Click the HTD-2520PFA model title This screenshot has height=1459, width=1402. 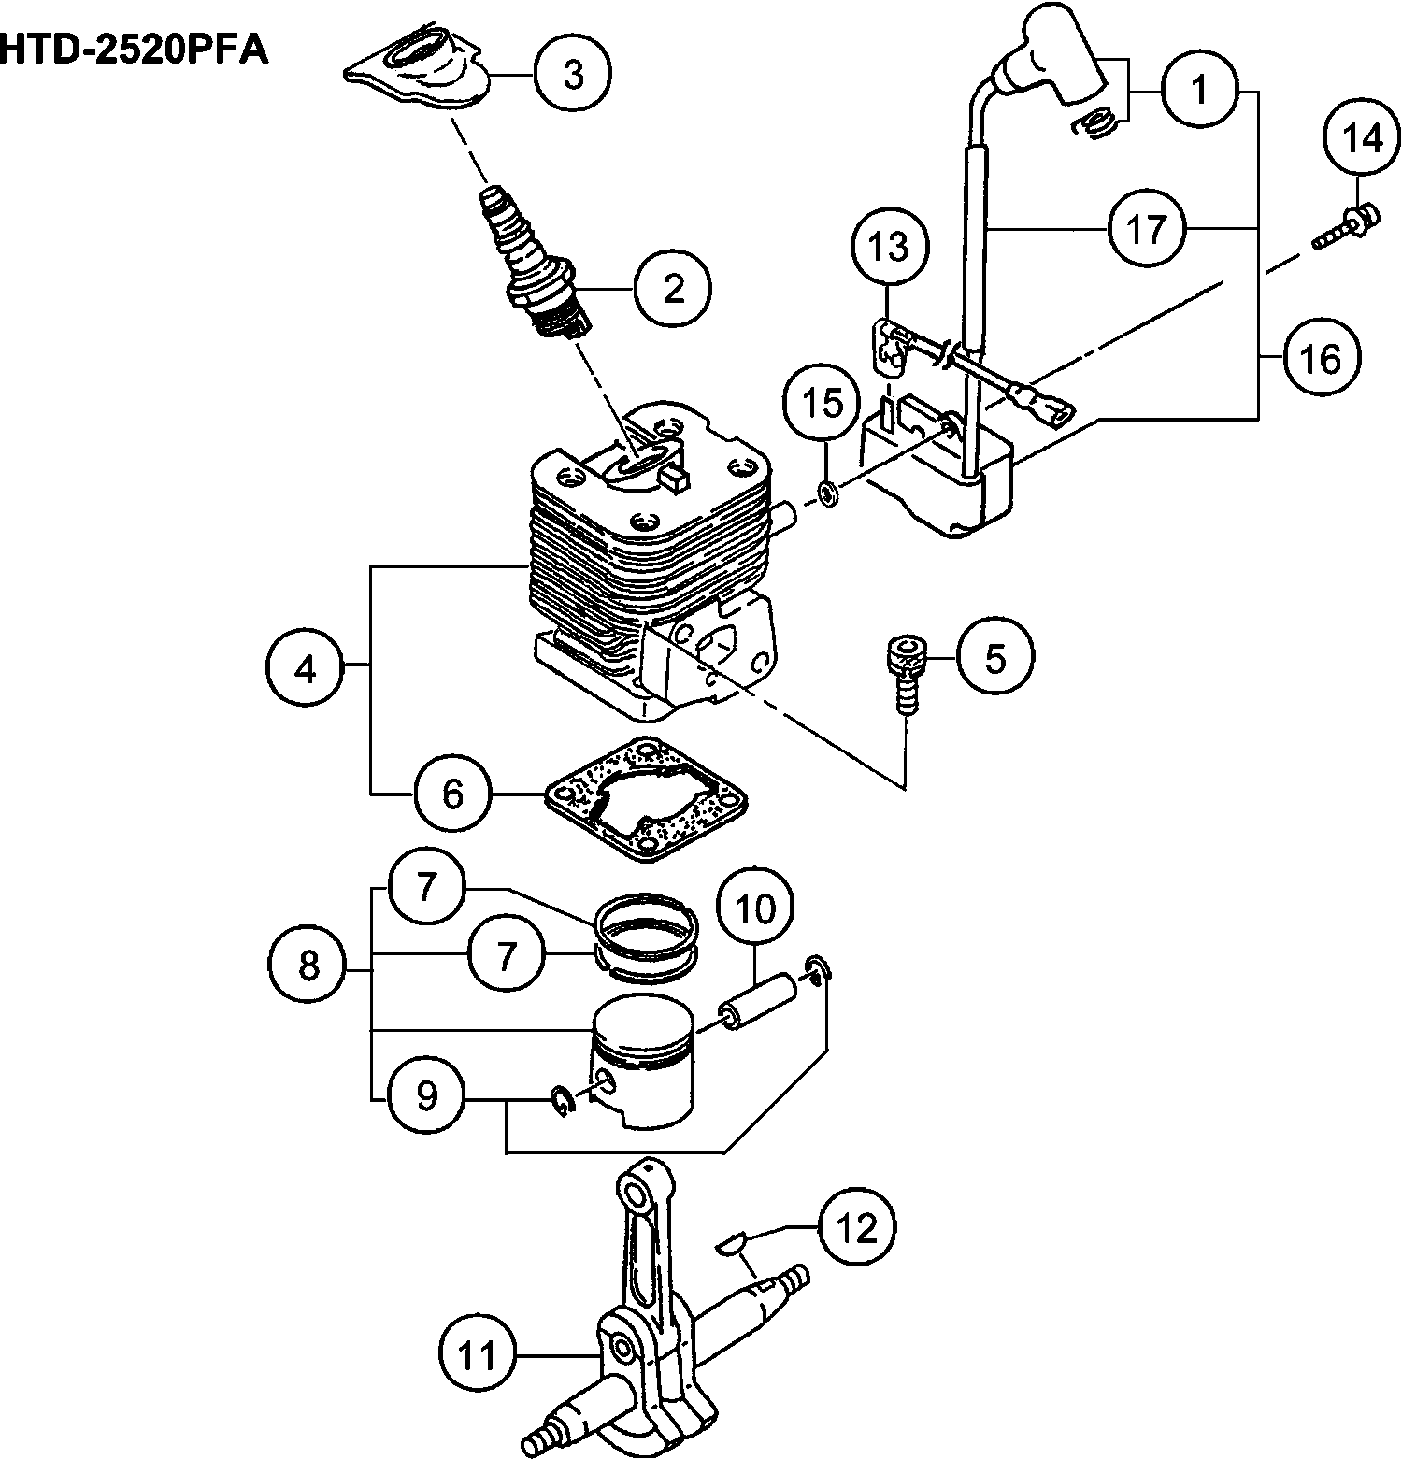[x=134, y=50]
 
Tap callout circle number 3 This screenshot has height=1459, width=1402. [x=573, y=74]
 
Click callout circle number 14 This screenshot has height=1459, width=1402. [x=1362, y=138]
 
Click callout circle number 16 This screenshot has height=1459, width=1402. [x=1321, y=358]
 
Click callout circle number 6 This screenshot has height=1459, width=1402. [x=452, y=794]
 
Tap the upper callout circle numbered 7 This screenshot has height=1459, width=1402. [x=426, y=887]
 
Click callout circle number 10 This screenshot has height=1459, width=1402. [x=755, y=907]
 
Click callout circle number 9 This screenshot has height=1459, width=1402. [x=426, y=1095]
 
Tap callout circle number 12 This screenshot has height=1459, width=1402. [x=857, y=1226]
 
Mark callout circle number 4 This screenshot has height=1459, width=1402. [x=306, y=668]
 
